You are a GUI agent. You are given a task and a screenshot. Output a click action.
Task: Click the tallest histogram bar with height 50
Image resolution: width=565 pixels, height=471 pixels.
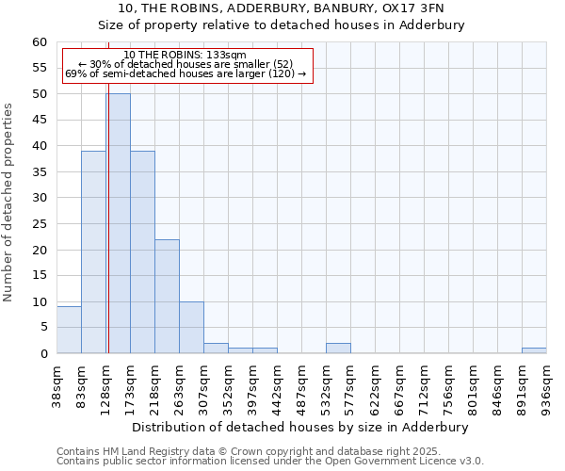coord(118,223)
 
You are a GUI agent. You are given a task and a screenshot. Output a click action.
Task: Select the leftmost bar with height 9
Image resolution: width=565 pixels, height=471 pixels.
coord(69,330)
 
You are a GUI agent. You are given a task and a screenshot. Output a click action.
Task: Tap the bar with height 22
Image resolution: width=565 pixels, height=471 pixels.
coord(167,296)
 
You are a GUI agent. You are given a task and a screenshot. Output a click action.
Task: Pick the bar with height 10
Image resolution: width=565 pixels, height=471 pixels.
coord(191,327)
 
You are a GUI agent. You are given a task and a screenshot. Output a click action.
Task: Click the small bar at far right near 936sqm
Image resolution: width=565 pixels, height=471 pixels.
coord(534,350)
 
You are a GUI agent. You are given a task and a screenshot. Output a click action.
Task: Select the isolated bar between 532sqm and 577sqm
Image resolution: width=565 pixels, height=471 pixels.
coord(338,349)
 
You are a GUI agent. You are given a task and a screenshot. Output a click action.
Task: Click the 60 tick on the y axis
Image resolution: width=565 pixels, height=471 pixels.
coord(39,42)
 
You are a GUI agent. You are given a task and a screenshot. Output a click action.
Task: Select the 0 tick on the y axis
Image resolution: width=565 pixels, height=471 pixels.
coord(42,354)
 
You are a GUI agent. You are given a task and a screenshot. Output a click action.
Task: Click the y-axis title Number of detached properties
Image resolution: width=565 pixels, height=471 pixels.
coord(9,203)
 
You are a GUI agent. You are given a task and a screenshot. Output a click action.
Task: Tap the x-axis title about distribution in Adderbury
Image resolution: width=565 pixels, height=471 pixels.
coord(300,427)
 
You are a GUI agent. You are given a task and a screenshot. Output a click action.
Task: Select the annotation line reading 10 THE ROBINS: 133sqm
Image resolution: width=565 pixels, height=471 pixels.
coord(185,56)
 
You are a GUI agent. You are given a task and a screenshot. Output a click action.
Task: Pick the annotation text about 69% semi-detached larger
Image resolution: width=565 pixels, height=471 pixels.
coord(186,73)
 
